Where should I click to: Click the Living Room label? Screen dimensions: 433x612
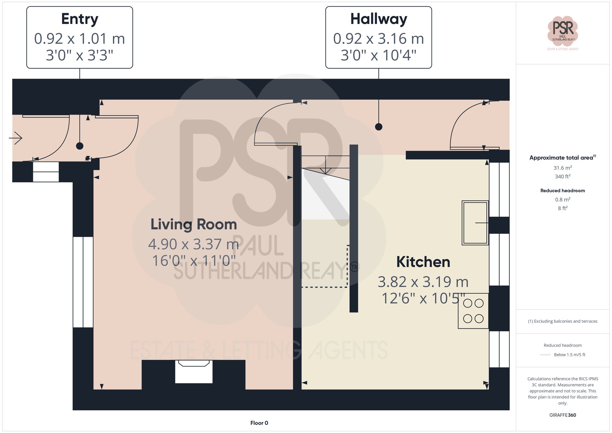click(194, 224)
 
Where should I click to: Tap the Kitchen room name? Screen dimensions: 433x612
click(423, 262)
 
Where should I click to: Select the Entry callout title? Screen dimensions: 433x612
click(80, 19)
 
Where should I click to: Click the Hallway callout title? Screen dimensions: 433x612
click(379, 19)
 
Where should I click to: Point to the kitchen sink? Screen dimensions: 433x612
click(475, 222)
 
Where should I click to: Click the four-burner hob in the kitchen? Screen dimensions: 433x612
click(473, 311)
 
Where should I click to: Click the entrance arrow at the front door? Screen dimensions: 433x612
click(16, 138)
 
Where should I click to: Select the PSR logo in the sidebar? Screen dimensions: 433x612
click(562, 31)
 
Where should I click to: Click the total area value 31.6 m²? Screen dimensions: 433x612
click(562, 168)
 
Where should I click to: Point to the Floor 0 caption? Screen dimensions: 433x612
click(259, 423)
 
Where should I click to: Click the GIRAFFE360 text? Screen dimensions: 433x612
click(562, 415)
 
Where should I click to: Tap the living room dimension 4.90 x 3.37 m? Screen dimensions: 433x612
click(194, 244)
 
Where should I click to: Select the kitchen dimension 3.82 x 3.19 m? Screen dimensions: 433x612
click(423, 282)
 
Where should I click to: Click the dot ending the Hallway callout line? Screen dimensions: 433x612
click(379, 127)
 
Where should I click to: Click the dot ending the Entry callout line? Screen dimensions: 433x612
click(80, 146)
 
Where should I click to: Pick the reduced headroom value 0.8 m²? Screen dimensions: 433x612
click(562, 200)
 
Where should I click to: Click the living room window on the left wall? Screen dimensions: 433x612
click(83, 282)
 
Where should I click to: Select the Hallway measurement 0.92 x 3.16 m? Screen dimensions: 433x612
click(379, 39)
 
